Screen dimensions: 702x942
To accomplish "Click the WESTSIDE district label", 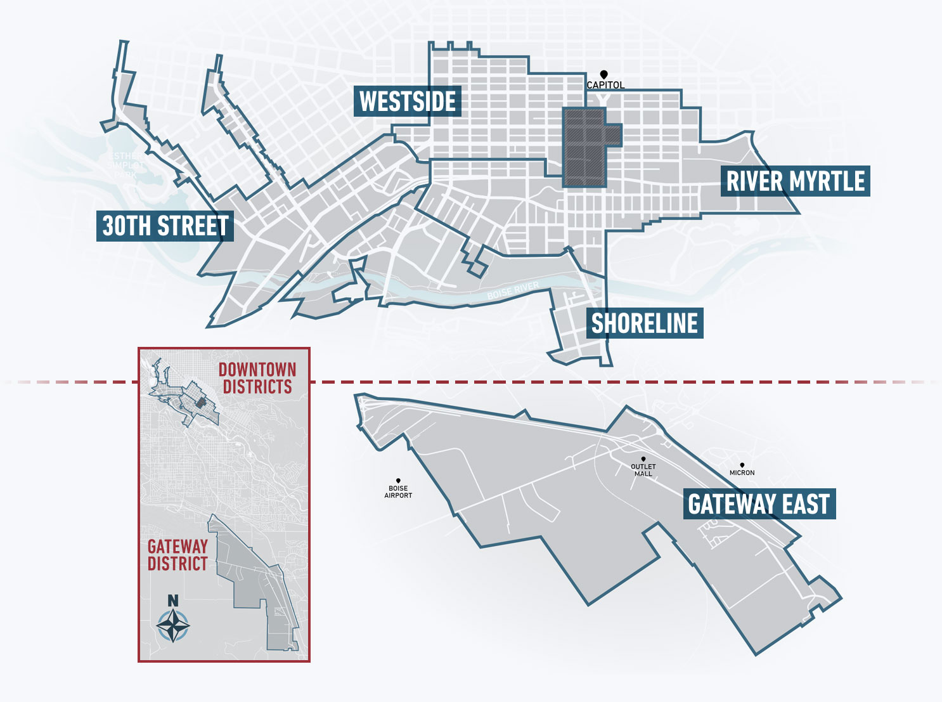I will [407, 101].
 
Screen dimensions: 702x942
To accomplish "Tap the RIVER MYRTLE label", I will [795, 181].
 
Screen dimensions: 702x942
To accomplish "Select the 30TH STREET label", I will [165, 226].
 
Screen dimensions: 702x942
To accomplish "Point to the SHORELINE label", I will [644, 323].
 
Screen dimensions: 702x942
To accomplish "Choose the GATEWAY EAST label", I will [759, 504].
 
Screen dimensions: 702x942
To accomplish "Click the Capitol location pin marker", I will [604, 75].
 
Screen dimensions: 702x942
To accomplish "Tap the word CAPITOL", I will [605, 85].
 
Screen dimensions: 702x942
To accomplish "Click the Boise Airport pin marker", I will [398, 481].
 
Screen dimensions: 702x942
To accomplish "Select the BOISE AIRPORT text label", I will [398, 492].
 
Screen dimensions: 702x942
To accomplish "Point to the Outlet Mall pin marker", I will [643, 459].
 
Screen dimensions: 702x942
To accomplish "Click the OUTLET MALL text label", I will [643, 470].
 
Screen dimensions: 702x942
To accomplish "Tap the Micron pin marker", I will [742, 465].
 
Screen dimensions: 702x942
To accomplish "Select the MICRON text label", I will [742, 473].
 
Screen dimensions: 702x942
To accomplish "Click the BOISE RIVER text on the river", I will [513, 291].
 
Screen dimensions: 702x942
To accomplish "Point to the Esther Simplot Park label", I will [126, 165].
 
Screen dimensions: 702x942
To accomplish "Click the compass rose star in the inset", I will [173, 626].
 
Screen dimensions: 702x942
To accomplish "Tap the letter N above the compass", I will [173, 601].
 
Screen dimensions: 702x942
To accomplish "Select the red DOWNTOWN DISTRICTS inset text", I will [257, 379].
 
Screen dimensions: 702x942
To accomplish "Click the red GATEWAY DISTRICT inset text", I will [177, 555].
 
